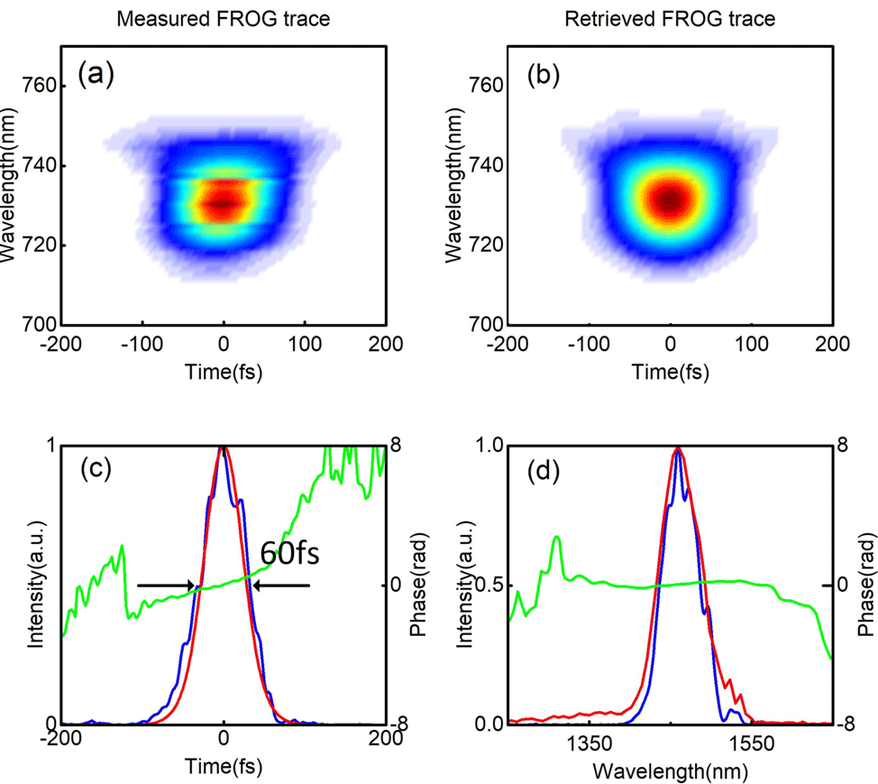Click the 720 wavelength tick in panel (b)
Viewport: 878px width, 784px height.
coord(487,245)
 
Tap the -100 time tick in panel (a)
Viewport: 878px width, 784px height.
coord(141,342)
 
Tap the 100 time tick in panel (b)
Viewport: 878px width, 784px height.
coord(750,342)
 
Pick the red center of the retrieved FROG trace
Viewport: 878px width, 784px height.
coord(669,200)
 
